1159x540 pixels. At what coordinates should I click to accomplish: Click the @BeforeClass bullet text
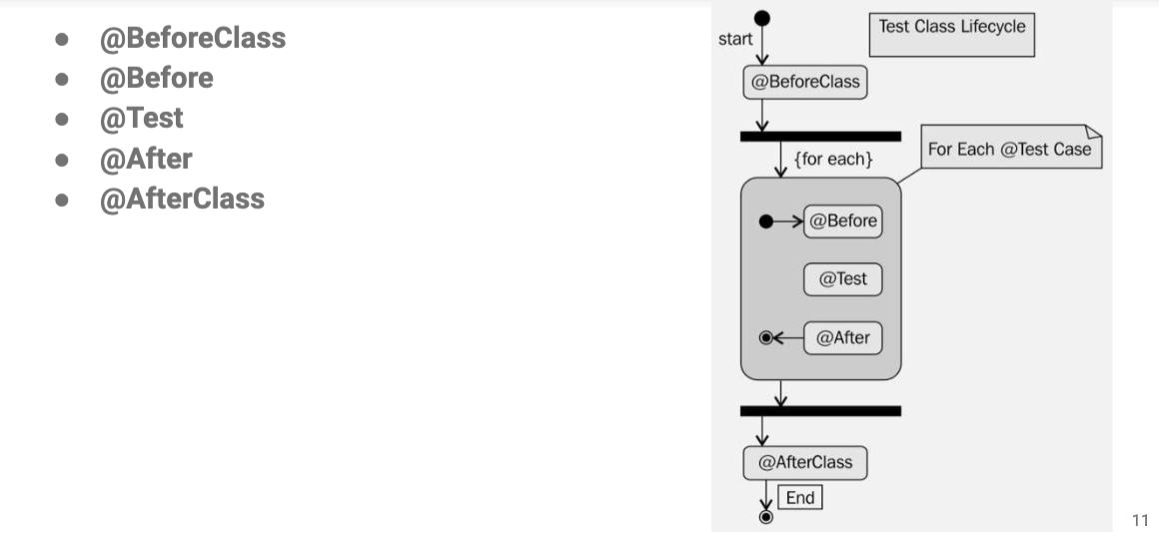click(192, 38)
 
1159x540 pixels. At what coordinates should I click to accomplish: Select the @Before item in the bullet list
click(156, 78)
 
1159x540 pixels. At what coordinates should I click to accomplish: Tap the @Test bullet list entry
click(141, 118)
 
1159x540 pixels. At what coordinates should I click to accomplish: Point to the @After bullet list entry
click(145, 158)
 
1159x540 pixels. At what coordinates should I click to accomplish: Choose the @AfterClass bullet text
click(182, 198)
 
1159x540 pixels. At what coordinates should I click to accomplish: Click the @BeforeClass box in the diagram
click(805, 82)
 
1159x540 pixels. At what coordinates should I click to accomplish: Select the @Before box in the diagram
click(843, 221)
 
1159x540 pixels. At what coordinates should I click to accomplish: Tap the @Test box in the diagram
click(843, 279)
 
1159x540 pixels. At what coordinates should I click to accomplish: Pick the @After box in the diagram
click(843, 338)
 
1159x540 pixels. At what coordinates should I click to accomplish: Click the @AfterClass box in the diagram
click(805, 462)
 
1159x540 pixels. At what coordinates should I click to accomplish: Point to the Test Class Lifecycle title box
click(951, 34)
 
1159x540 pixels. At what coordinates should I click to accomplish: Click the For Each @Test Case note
click(1010, 149)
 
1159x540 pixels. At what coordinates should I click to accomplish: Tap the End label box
click(800, 497)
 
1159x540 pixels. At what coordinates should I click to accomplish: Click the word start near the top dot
click(735, 39)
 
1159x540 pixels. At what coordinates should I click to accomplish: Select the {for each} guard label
click(833, 159)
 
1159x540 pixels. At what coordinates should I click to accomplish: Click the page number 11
click(1140, 520)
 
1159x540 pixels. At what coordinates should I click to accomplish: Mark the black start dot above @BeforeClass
click(762, 17)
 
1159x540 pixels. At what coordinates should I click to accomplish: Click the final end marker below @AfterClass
click(766, 517)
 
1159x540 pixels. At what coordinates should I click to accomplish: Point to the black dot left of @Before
click(766, 221)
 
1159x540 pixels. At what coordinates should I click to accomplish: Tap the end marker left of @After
click(766, 338)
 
